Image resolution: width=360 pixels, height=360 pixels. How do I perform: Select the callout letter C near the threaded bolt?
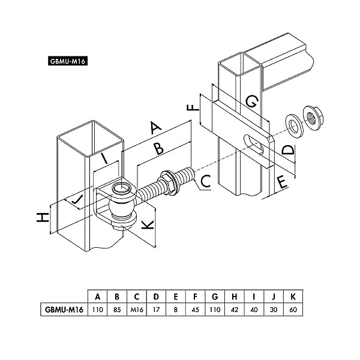(205, 179)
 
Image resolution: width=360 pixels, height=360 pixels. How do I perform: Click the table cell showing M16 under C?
(137, 310)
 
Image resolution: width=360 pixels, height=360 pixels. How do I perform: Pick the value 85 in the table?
(117, 310)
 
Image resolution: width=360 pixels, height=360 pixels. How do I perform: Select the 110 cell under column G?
(214, 310)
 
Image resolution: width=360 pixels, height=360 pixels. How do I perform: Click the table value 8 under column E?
(175, 310)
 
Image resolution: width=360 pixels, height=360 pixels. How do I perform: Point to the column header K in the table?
(293, 296)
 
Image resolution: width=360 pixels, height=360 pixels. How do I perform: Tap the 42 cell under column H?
(234, 310)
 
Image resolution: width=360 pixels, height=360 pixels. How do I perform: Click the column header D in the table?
(156, 296)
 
